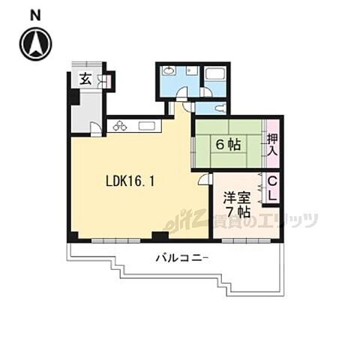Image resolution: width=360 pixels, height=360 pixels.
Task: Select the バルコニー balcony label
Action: pos(183,257)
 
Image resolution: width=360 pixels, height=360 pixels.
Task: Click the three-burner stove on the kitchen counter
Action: pos(120,126)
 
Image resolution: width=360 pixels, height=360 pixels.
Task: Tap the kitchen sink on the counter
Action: pos(147,126)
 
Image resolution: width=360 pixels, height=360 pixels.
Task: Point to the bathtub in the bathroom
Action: pos(216,77)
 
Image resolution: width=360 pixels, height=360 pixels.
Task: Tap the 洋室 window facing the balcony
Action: pos(245,240)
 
